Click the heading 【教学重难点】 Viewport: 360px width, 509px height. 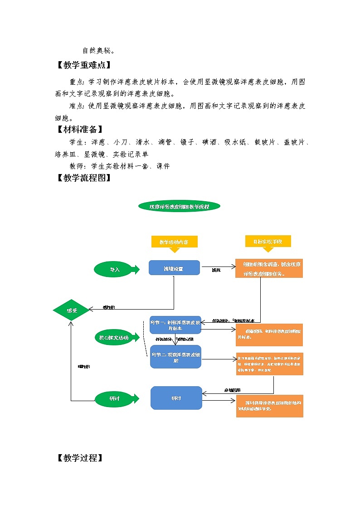(83, 65)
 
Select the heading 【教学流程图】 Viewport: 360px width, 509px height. (83, 178)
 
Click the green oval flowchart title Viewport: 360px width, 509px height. (179, 207)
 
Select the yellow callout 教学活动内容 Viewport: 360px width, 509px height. (174, 242)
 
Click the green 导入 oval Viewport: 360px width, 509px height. (115, 269)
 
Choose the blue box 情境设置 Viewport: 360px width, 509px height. (174, 268)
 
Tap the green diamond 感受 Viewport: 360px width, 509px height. (72, 310)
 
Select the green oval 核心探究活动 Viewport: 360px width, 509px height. (114, 338)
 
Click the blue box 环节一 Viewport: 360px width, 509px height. (175, 325)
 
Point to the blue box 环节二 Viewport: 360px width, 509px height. (175, 357)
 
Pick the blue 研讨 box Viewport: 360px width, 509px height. (176, 398)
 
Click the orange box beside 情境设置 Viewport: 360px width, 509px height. (269, 269)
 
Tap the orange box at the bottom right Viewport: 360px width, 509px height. (269, 406)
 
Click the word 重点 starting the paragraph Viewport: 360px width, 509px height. (77, 82)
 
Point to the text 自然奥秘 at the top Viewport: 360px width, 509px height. (98, 50)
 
